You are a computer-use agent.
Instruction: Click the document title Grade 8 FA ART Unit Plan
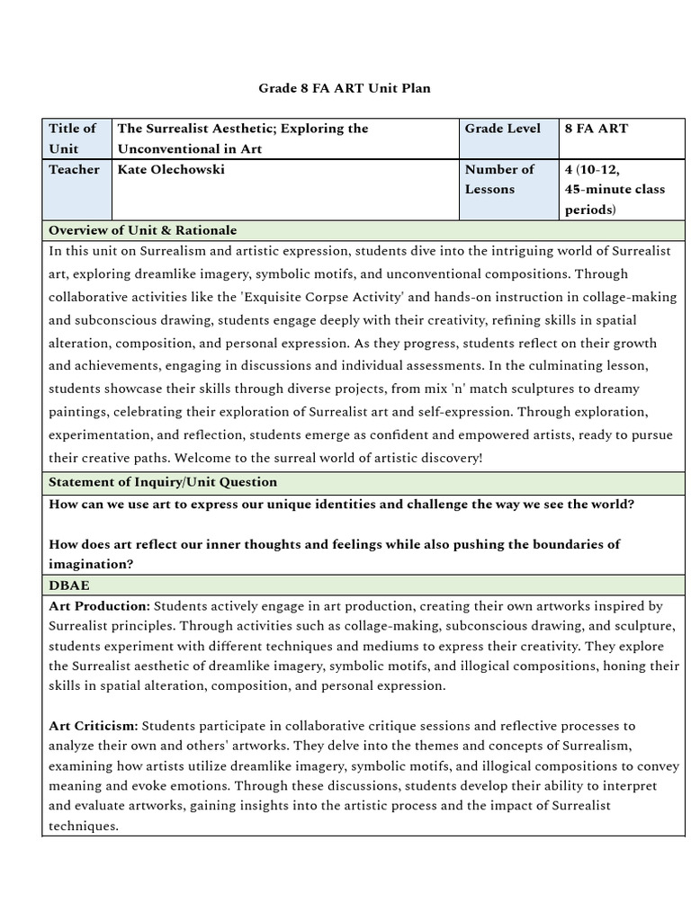click(345, 88)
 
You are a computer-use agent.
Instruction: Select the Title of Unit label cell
click(72, 139)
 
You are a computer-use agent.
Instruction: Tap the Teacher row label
click(74, 169)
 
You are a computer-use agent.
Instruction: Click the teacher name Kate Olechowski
click(171, 169)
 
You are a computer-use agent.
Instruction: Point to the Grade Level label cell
click(503, 129)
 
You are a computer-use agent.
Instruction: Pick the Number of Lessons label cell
click(499, 179)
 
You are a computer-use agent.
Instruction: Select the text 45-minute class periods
click(615, 200)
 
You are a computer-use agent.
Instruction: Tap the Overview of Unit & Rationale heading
click(142, 230)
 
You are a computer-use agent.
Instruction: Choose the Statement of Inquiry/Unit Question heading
click(162, 482)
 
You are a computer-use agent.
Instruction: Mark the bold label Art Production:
click(99, 606)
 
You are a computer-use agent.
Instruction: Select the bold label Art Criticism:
click(93, 725)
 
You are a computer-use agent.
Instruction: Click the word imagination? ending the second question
click(91, 564)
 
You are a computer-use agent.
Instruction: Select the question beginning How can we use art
click(341, 505)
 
